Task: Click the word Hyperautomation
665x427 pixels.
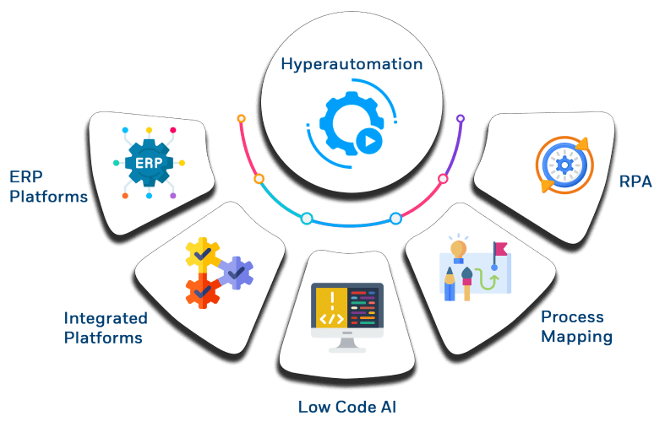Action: coord(351,64)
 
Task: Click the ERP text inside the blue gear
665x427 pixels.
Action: coord(149,162)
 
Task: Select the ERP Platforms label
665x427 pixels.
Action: coord(48,186)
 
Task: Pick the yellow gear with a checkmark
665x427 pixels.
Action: coord(202,252)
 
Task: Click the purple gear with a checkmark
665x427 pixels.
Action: coord(236,273)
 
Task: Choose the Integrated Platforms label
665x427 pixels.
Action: coord(105,328)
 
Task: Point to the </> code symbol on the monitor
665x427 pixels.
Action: coord(331,319)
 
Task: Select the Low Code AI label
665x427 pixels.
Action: coord(347,407)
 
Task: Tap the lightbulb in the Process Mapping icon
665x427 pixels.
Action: coord(458,249)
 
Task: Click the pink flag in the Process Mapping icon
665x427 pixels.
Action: coord(500,248)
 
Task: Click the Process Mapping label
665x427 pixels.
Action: coord(576,327)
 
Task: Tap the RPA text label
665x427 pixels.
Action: coord(635,181)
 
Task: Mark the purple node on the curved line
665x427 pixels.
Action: coord(461,119)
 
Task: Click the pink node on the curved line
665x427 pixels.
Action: coord(442,179)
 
